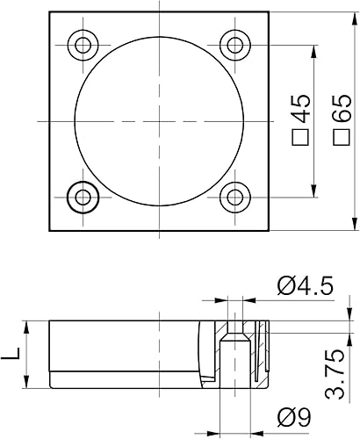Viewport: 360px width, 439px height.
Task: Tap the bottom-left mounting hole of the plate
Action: coord(85,196)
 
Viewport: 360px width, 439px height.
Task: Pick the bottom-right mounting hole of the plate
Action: coord(234,196)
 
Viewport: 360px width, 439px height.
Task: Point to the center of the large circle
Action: coord(160,119)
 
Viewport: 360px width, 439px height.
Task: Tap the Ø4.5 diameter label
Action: coord(303,285)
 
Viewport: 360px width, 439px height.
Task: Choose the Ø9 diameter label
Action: coord(292,416)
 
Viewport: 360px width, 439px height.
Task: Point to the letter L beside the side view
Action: coord(11,354)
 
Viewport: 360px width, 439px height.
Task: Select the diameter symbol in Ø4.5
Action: coord(284,285)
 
